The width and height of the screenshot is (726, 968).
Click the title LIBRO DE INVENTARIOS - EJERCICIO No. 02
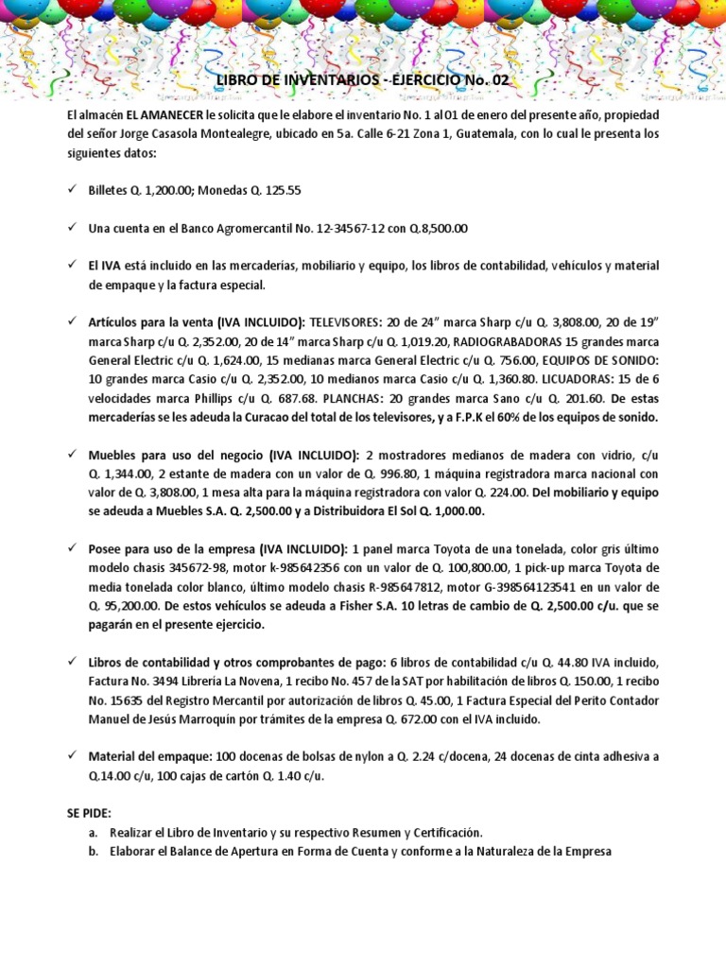pyautogui.click(x=363, y=81)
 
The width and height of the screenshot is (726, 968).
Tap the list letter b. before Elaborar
pyautogui.click(x=92, y=851)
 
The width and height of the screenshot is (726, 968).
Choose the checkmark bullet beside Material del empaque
pyautogui.click(x=73, y=756)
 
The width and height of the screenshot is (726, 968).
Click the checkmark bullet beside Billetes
pyautogui.click(x=73, y=190)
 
